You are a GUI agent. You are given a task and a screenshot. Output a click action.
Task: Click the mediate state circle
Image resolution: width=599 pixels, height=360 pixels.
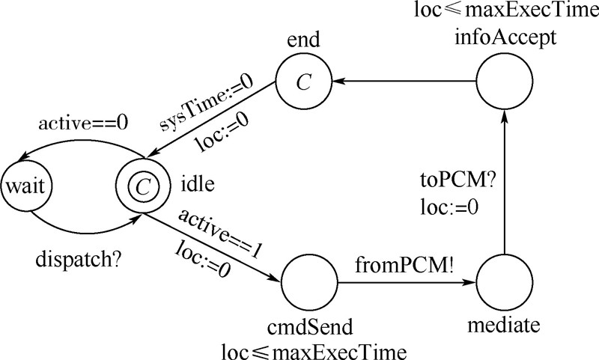[503, 284]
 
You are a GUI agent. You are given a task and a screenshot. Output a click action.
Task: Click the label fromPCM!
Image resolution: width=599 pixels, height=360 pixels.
[405, 266]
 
